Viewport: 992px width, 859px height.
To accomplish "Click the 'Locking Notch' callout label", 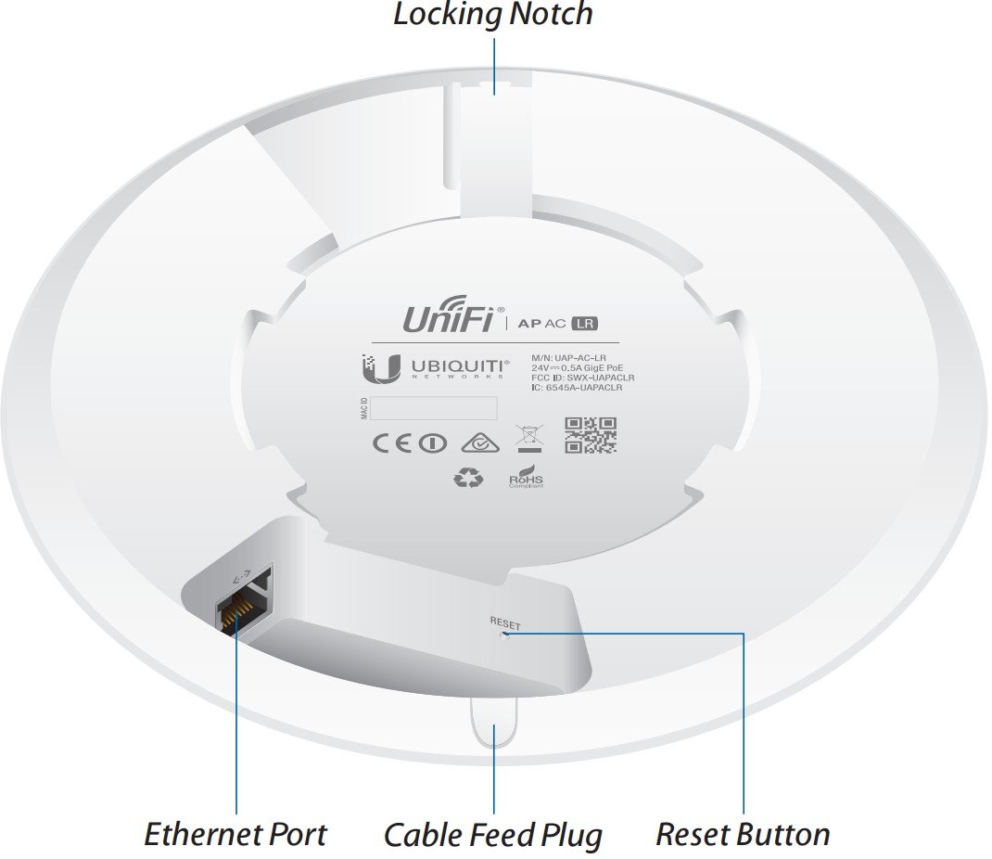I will tap(492, 16).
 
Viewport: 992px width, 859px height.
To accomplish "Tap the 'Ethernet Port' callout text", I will tap(235, 834).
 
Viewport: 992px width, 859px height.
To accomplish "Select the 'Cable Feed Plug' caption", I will tap(492, 834).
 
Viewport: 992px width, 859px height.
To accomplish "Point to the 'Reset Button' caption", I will tap(743, 834).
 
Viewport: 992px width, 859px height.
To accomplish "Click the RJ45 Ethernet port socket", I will tap(237, 609).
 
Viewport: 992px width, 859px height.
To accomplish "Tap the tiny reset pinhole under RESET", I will tap(504, 636).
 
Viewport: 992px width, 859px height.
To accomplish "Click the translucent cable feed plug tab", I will tap(493, 724).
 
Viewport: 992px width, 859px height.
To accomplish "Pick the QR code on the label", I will tap(591, 435).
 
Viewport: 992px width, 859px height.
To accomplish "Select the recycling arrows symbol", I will tap(468, 477).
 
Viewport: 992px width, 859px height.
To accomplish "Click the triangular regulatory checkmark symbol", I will tap(478, 442).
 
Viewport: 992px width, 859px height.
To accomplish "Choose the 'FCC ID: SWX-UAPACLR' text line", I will tap(583, 378).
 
